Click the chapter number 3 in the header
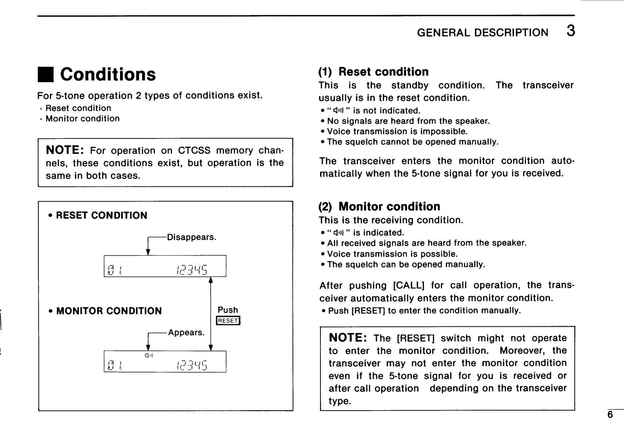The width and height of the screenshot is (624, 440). tap(570, 31)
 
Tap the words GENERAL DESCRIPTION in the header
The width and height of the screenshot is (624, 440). tap(482, 33)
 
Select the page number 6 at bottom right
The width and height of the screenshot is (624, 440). tap(610, 415)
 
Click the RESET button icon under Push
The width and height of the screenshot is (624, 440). tap(228, 321)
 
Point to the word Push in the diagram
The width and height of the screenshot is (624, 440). tap(227, 310)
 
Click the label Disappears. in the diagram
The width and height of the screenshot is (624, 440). tap(191, 237)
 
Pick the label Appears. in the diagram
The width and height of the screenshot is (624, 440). tap(186, 333)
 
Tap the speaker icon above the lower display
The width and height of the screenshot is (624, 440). tap(148, 355)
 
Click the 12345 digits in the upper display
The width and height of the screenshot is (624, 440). tap(192, 269)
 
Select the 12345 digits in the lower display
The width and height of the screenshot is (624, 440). tap(192, 365)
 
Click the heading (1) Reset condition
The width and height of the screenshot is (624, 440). tap(373, 72)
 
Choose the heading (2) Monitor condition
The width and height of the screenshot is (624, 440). tap(379, 206)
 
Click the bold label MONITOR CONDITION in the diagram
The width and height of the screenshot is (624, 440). tap(109, 311)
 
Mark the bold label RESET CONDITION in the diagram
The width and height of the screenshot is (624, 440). tap(102, 215)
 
